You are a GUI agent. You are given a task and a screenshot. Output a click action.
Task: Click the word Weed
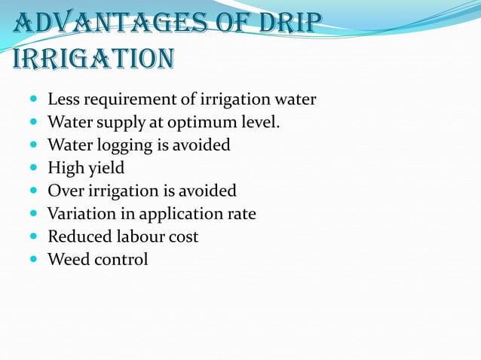point(66,259)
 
